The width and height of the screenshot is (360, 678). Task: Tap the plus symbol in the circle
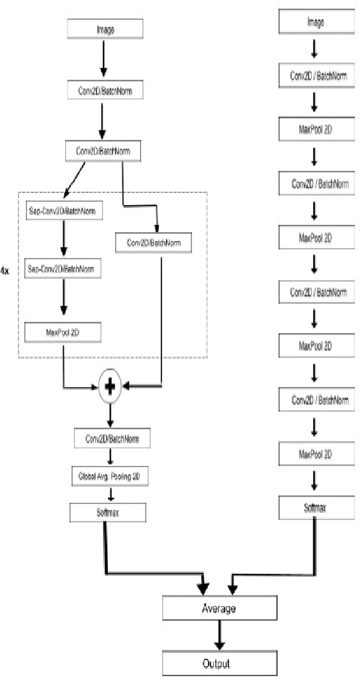tap(111, 386)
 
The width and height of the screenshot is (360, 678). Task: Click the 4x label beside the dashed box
tap(5, 271)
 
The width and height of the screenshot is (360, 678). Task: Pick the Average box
tap(219, 608)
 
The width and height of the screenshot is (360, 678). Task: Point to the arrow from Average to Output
tap(219, 636)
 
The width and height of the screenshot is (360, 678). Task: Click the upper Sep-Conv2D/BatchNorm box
tap(61, 212)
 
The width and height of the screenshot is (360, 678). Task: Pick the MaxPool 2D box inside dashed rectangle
tap(63, 332)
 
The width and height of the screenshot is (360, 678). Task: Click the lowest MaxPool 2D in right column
tap(315, 453)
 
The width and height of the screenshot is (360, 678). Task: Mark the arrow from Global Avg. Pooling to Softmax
tap(111, 493)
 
